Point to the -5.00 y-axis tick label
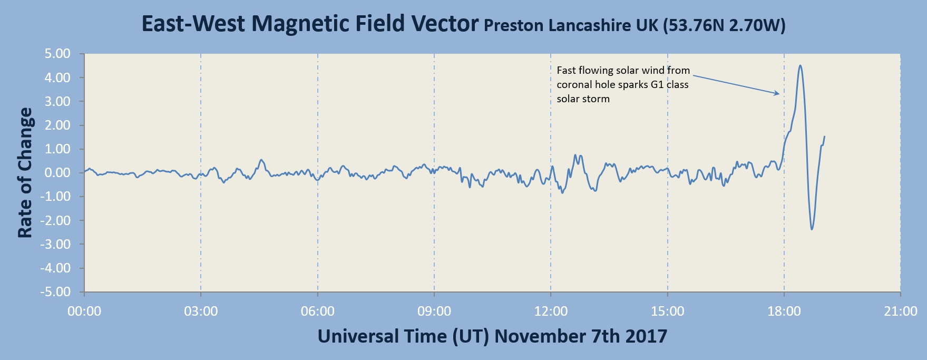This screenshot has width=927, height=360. [56, 292]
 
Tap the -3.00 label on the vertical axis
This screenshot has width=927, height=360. [56, 245]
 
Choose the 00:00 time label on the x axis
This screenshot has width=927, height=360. [84, 312]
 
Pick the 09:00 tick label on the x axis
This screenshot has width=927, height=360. [434, 312]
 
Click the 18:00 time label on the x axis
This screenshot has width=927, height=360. [784, 312]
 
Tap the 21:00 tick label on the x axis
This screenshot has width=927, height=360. [901, 312]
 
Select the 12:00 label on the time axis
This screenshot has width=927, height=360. [551, 312]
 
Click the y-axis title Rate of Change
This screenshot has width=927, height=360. [25, 173]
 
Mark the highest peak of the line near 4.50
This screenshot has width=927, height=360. [800, 65]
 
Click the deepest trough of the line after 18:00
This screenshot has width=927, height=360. [812, 229]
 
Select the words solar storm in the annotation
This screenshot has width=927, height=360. [583, 99]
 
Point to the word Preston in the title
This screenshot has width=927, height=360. [514, 25]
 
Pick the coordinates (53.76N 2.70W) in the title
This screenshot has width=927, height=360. [724, 25]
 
